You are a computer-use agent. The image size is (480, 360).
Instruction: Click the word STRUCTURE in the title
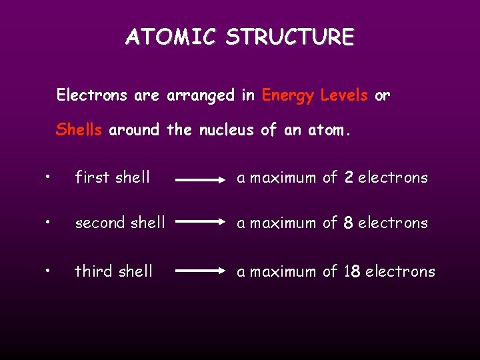[x=289, y=37]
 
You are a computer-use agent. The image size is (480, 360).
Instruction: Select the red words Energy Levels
[x=315, y=95]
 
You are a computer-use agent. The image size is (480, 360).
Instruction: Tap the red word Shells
[x=79, y=129]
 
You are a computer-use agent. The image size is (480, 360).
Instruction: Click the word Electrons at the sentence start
[x=92, y=95]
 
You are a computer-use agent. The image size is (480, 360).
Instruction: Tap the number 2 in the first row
[x=349, y=178]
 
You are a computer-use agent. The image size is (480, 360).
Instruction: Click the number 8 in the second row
[x=348, y=223]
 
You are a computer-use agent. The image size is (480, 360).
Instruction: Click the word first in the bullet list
[x=92, y=178]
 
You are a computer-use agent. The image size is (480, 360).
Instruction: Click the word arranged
[x=200, y=96]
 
